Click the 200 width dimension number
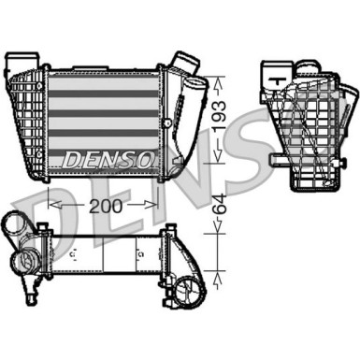pos(111,206)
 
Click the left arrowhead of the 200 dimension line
pos(51,204)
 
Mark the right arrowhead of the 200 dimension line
pos(168,204)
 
